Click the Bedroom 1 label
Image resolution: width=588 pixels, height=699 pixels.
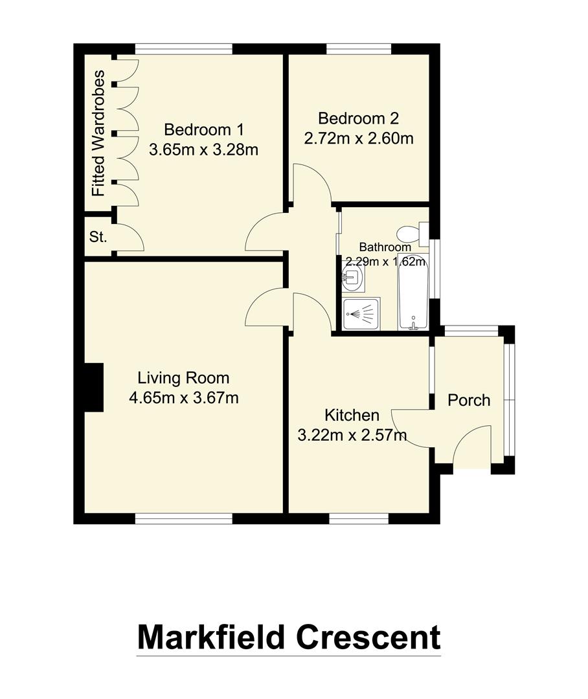pos(203,128)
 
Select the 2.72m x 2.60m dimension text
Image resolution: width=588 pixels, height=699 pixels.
pos(359,139)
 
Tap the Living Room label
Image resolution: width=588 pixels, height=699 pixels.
pos(184,377)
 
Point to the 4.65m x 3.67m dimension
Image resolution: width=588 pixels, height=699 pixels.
pos(184,398)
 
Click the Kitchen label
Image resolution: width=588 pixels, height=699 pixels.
pos(352,415)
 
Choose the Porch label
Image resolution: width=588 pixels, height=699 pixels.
pos(469,401)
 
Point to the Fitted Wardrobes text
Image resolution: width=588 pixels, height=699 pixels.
pos(98,134)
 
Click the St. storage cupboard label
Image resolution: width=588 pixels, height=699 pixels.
pos(98,237)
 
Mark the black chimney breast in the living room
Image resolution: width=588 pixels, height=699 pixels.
pos(94,386)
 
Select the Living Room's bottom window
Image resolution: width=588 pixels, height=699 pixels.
pos(184,518)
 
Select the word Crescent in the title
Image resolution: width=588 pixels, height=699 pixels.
pos(368,637)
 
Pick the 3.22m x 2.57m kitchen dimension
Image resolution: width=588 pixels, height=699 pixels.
pos(352,436)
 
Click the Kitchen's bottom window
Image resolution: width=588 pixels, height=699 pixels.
pos(359,518)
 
